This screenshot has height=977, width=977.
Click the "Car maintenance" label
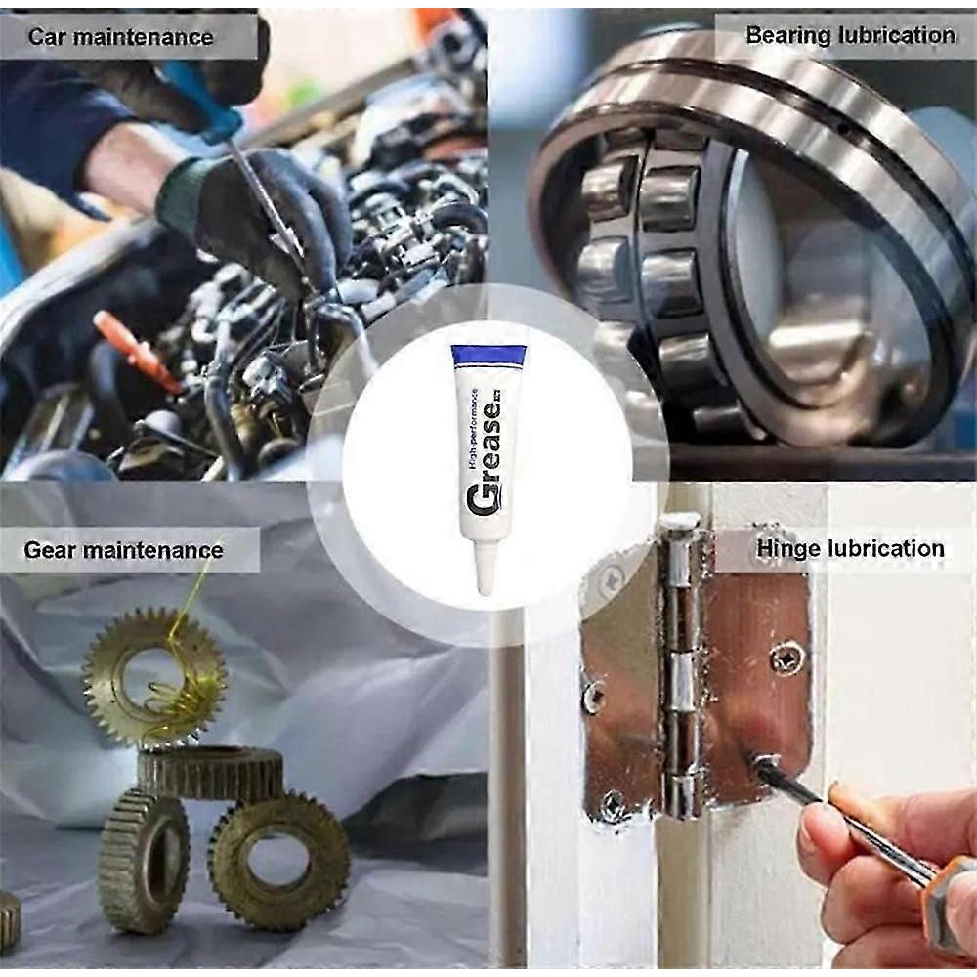coord(120,37)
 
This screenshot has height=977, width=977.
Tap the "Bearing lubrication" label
coord(851,35)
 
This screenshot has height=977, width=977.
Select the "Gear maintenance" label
coord(123,550)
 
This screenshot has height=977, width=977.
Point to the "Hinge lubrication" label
coord(851,548)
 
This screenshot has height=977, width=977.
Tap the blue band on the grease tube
coord(488,356)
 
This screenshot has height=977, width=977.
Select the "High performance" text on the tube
coord(474,429)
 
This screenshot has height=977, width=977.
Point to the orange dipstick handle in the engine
coord(135,349)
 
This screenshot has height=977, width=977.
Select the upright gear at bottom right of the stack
coord(278,861)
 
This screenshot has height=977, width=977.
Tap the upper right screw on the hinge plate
coord(786,658)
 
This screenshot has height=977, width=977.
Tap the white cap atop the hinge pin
coord(680,522)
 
